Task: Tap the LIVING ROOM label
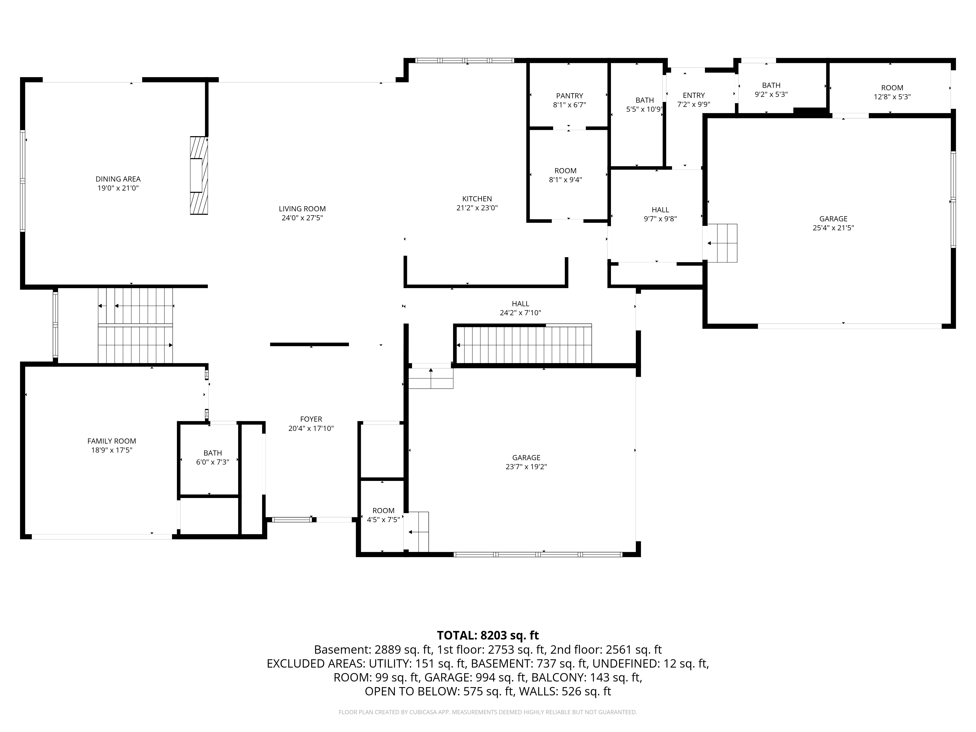pyautogui.click(x=302, y=209)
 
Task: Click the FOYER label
pyautogui.click(x=311, y=419)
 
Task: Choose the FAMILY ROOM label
pyautogui.click(x=112, y=441)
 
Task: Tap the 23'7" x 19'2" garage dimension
pyautogui.click(x=526, y=467)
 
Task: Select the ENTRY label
pyautogui.click(x=694, y=95)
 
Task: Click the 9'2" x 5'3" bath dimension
pyautogui.click(x=771, y=94)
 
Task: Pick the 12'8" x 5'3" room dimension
pyautogui.click(x=892, y=97)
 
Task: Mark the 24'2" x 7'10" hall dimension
pyautogui.click(x=521, y=313)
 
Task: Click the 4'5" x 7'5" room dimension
pyautogui.click(x=383, y=520)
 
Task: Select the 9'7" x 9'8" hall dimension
pyautogui.click(x=661, y=219)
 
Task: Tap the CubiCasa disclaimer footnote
pyautogui.click(x=488, y=712)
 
